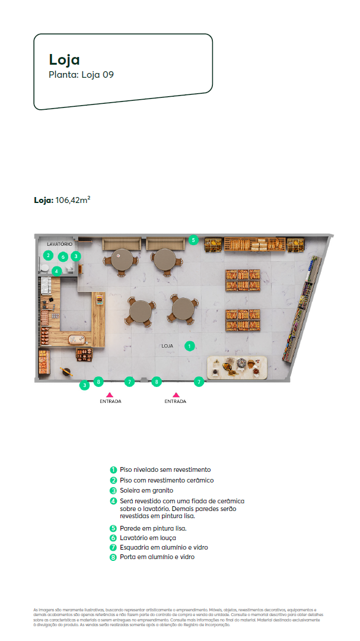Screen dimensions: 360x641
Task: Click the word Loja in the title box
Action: (x=64, y=59)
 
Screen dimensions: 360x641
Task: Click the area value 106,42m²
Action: (x=73, y=201)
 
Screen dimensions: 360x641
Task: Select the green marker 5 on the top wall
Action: (x=193, y=240)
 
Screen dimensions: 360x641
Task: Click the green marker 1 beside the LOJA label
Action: (x=189, y=345)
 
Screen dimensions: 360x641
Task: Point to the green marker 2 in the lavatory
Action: (x=47, y=256)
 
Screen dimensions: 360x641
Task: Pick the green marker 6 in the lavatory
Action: (x=63, y=256)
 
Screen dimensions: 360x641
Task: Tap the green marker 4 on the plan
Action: (x=56, y=271)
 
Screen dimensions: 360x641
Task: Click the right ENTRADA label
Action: (x=176, y=402)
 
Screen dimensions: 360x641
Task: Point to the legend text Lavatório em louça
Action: (x=148, y=538)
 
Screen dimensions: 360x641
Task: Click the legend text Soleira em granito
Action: (x=146, y=491)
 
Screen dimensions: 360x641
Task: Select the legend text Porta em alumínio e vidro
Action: (x=157, y=557)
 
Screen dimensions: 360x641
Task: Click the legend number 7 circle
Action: (x=113, y=547)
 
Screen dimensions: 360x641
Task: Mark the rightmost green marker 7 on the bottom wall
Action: (x=199, y=382)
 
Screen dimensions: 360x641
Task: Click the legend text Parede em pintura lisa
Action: (x=153, y=528)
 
